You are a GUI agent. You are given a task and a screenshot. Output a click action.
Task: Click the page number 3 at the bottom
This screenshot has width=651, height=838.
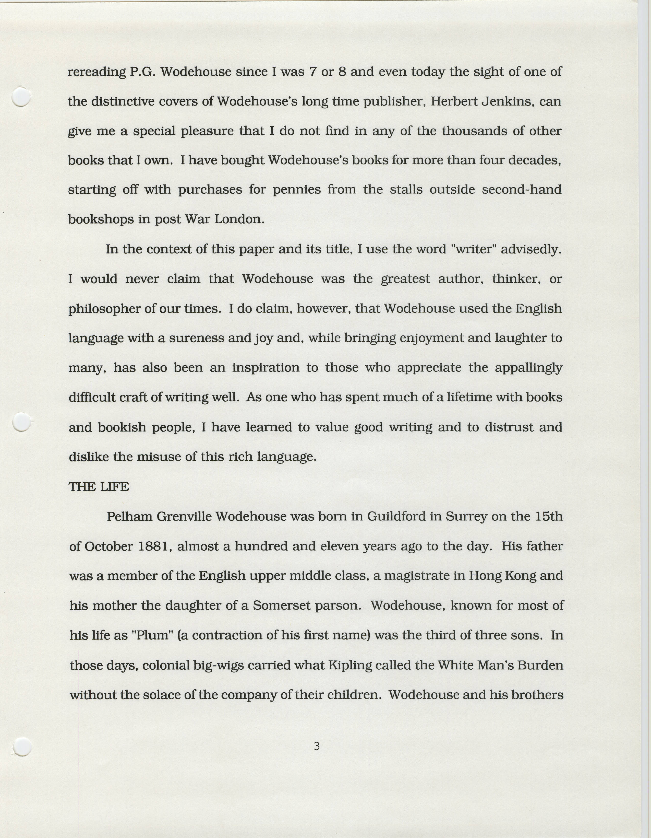click(x=316, y=746)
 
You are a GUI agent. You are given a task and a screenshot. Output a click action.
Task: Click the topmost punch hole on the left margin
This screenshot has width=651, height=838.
click(x=21, y=96)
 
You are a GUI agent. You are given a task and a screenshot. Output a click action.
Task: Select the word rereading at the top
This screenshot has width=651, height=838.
click(x=96, y=72)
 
